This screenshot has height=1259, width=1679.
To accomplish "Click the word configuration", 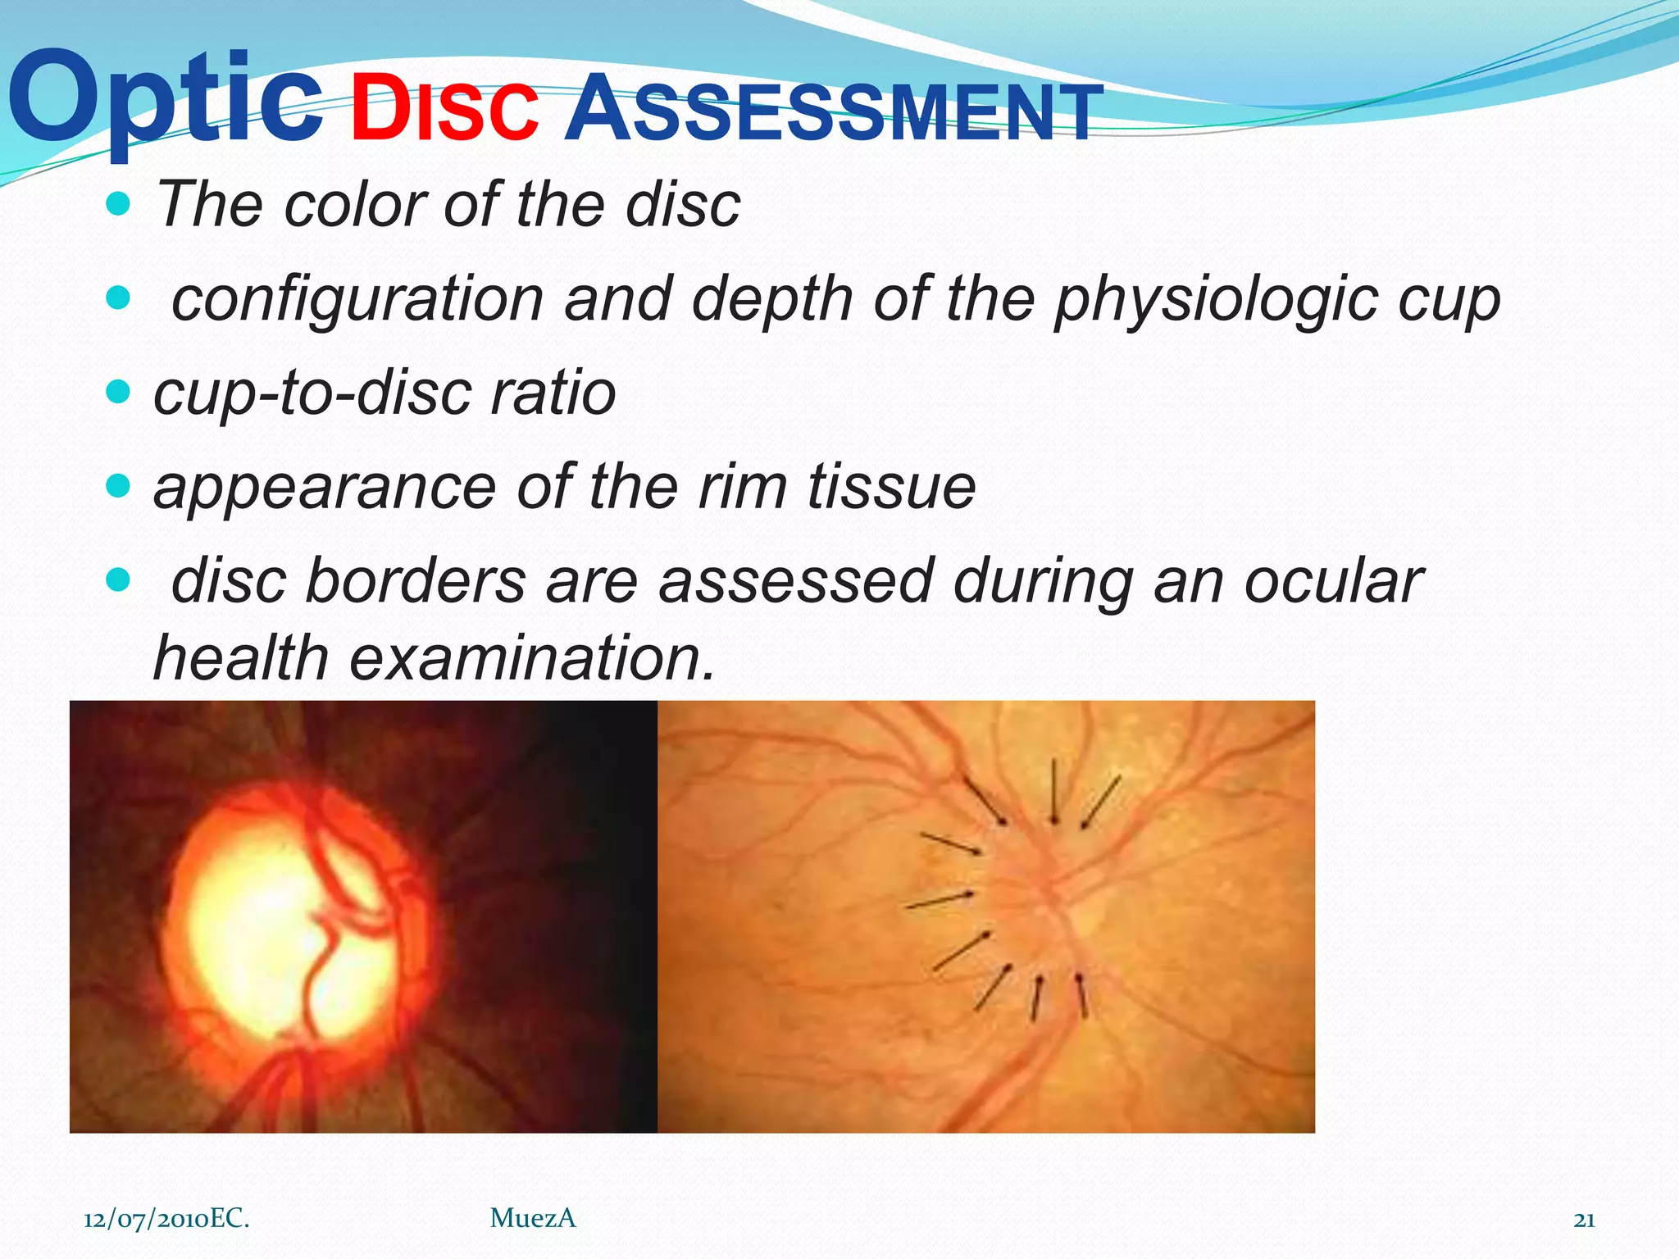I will point(357,299).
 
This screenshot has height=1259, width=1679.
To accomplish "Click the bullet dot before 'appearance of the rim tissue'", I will point(119,487).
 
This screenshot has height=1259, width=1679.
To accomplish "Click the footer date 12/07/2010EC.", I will point(166,1219).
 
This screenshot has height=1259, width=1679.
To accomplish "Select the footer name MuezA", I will point(533,1219).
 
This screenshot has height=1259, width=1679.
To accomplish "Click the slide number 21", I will point(1584,1220).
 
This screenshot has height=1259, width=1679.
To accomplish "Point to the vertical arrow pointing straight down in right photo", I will point(1054,791).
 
